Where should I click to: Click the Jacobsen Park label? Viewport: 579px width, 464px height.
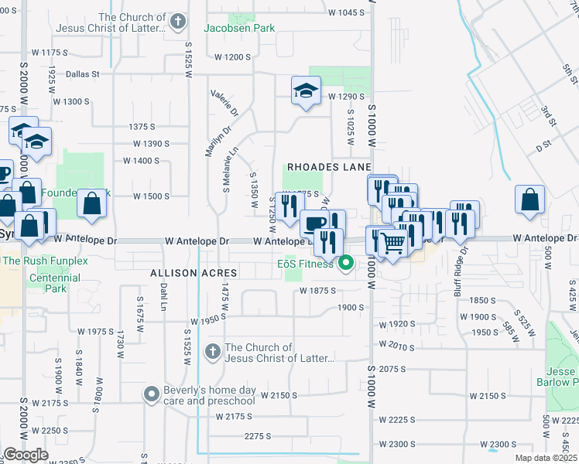[x=239, y=28]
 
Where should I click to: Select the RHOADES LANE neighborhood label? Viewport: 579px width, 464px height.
[x=329, y=167]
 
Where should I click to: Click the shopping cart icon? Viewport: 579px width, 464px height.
[x=393, y=244]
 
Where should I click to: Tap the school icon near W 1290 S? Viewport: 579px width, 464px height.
[x=306, y=92]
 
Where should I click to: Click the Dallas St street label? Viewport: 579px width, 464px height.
[x=84, y=74]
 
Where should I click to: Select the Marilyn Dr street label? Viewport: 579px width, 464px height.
[x=209, y=142]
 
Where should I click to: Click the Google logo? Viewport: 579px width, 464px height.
[x=26, y=455]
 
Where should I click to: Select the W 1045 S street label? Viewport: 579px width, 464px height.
[x=346, y=12]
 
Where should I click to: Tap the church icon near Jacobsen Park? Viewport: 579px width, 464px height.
[x=178, y=22]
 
